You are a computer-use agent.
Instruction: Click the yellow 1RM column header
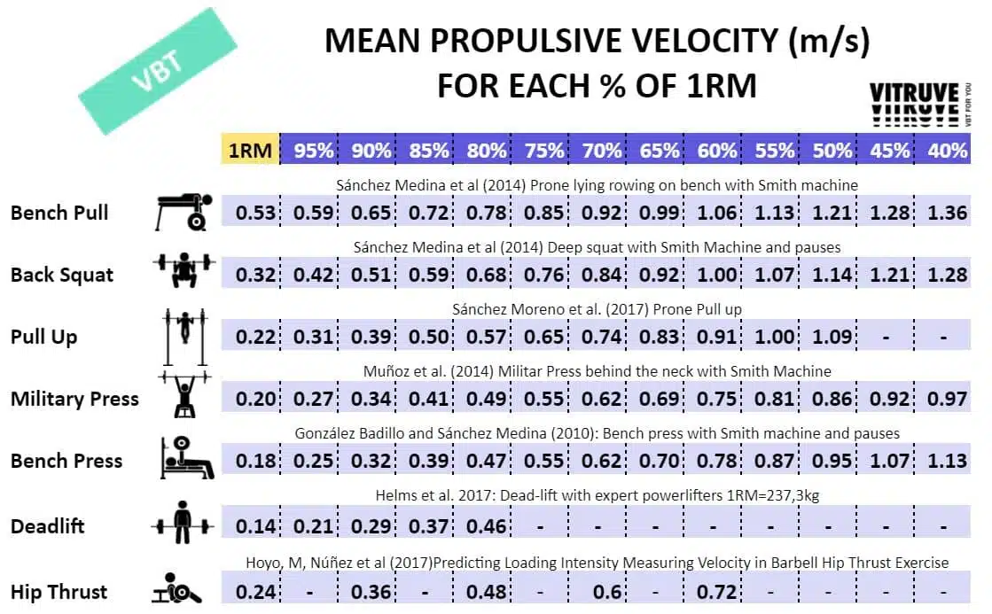point(249,151)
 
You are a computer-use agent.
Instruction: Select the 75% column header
point(543,151)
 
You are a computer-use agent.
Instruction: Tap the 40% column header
point(947,151)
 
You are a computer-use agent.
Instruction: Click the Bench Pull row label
point(59,213)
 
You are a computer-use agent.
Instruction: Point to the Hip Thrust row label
point(59,592)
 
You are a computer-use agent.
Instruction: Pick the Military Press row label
point(74,399)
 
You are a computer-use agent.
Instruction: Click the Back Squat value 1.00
point(717,274)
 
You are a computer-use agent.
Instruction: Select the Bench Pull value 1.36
point(947,213)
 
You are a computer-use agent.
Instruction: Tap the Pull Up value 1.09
point(832,337)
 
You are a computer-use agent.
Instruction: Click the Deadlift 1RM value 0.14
point(256,526)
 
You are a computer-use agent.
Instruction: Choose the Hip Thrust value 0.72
point(717,592)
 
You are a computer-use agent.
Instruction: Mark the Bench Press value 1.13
point(947,461)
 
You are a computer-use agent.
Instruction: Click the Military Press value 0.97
point(947,399)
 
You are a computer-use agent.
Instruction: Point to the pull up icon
point(184,337)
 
